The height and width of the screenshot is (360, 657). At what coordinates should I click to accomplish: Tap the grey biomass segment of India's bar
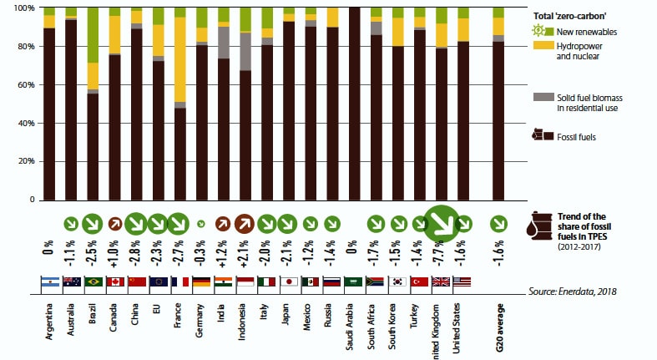click(223, 43)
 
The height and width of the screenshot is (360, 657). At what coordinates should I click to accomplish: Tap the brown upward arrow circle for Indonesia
click(245, 224)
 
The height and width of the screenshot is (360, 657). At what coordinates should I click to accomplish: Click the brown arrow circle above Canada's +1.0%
click(114, 224)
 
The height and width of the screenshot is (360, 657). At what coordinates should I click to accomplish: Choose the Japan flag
click(289, 281)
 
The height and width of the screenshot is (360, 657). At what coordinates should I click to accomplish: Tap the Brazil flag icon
click(93, 281)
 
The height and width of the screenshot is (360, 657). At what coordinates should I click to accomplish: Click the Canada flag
click(114, 281)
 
